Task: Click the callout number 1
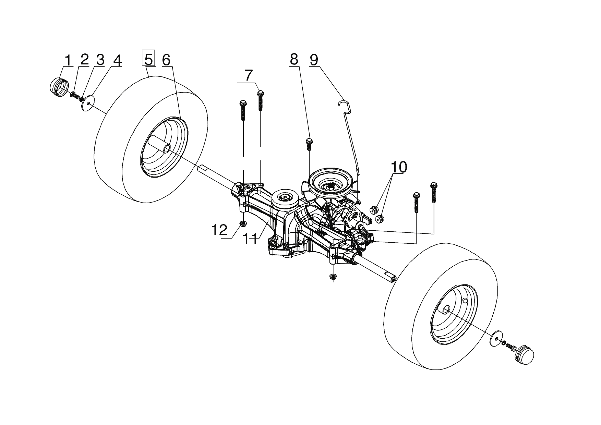(69, 60)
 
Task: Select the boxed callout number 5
(148, 59)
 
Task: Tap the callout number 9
(313, 60)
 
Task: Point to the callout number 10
(399, 167)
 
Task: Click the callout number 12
(219, 230)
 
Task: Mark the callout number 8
(294, 60)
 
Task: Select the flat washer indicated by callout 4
(89, 102)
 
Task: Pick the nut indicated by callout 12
(243, 224)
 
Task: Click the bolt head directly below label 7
(260, 93)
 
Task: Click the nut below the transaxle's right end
(332, 277)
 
